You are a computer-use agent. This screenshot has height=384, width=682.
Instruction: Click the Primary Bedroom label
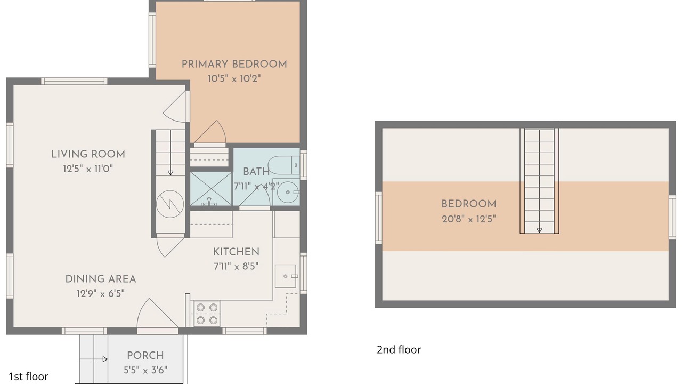pyautogui.click(x=234, y=65)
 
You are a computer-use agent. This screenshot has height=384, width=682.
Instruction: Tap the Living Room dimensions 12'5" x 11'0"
pyautogui.click(x=88, y=169)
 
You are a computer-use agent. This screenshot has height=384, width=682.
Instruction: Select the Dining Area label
pyautogui.click(x=101, y=279)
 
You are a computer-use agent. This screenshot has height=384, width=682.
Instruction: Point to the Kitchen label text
pyautogui.click(x=236, y=252)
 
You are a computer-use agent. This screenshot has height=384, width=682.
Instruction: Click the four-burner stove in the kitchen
pyautogui.click(x=207, y=314)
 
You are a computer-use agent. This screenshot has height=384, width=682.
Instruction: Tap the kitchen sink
pyautogui.click(x=286, y=276)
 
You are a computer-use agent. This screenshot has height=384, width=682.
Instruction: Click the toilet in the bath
pyautogui.click(x=284, y=165)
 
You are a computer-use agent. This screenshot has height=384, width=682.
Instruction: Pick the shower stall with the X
pyautogui.click(x=211, y=189)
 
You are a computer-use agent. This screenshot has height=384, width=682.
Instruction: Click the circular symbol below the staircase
pyautogui.click(x=170, y=204)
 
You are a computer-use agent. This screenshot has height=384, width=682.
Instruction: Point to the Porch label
pyautogui.click(x=145, y=356)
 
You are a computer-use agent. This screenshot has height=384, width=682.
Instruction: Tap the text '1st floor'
pyautogui.click(x=28, y=377)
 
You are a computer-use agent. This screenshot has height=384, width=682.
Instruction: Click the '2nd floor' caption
pyautogui.click(x=399, y=349)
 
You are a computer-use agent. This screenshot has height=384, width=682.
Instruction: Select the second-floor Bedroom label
pyautogui.click(x=469, y=204)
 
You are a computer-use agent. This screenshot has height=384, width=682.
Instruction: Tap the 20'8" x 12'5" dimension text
pyautogui.click(x=469, y=219)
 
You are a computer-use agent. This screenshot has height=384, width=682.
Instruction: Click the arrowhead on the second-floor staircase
pyautogui.click(x=539, y=231)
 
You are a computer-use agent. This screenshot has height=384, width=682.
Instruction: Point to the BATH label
pyautogui.click(x=256, y=172)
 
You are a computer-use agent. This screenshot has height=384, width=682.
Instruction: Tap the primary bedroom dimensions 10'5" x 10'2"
pyautogui.click(x=234, y=78)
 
